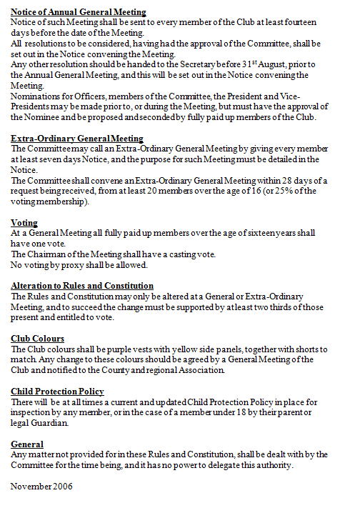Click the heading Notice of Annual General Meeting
pyautogui.click(x=79, y=13)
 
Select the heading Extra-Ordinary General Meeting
pyautogui.click(x=77, y=139)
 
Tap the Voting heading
pyautogui.click(x=24, y=223)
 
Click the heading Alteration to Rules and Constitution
pyautogui.click(x=82, y=286)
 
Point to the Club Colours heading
pyautogui.click(x=38, y=339)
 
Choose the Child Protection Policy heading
pyautogui.click(x=58, y=392)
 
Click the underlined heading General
pyautogui.click(x=28, y=444)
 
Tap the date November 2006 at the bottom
pyautogui.click(x=42, y=487)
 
